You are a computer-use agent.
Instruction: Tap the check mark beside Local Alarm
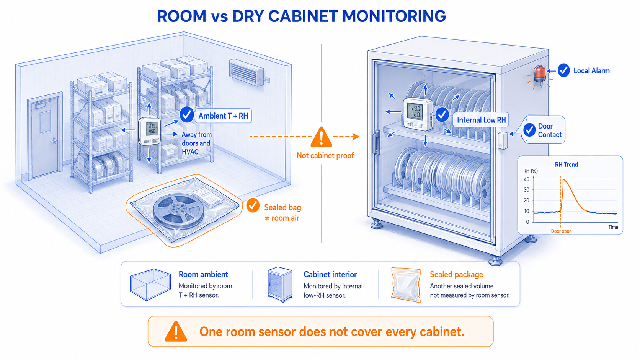pyautogui.click(x=564, y=70)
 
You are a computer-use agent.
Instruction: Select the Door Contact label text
pyautogui.click(x=549, y=130)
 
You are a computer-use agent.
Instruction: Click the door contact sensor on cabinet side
pyautogui.click(x=503, y=140)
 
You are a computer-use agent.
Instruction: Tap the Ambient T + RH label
pyautogui.click(x=223, y=116)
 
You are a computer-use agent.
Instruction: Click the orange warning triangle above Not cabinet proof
pyautogui.click(x=322, y=137)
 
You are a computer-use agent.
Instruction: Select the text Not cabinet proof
pyautogui.click(x=325, y=156)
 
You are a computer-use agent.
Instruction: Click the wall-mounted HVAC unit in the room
pyautogui.click(x=247, y=72)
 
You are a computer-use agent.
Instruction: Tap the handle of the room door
pyautogui.click(x=54, y=140)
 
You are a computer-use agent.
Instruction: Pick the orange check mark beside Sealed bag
pyautogui.click(x=253, y=205)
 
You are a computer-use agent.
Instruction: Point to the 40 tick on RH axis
pyautogui.click(x=526, y=179)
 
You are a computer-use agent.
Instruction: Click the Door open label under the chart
pyautogui.click(x=561, y=231)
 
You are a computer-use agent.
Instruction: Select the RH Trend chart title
pyautogui.click(x=566, y=165)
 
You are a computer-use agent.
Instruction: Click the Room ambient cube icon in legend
pyautogui.click(x=150, y=284)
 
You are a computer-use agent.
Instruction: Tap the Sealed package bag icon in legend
pyautogui.click(x=406, y=285)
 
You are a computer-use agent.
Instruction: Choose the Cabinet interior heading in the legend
pyautogui.click(x=330, y=274)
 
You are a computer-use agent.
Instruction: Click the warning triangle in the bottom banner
pyautogui.click(x=176, y=331)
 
